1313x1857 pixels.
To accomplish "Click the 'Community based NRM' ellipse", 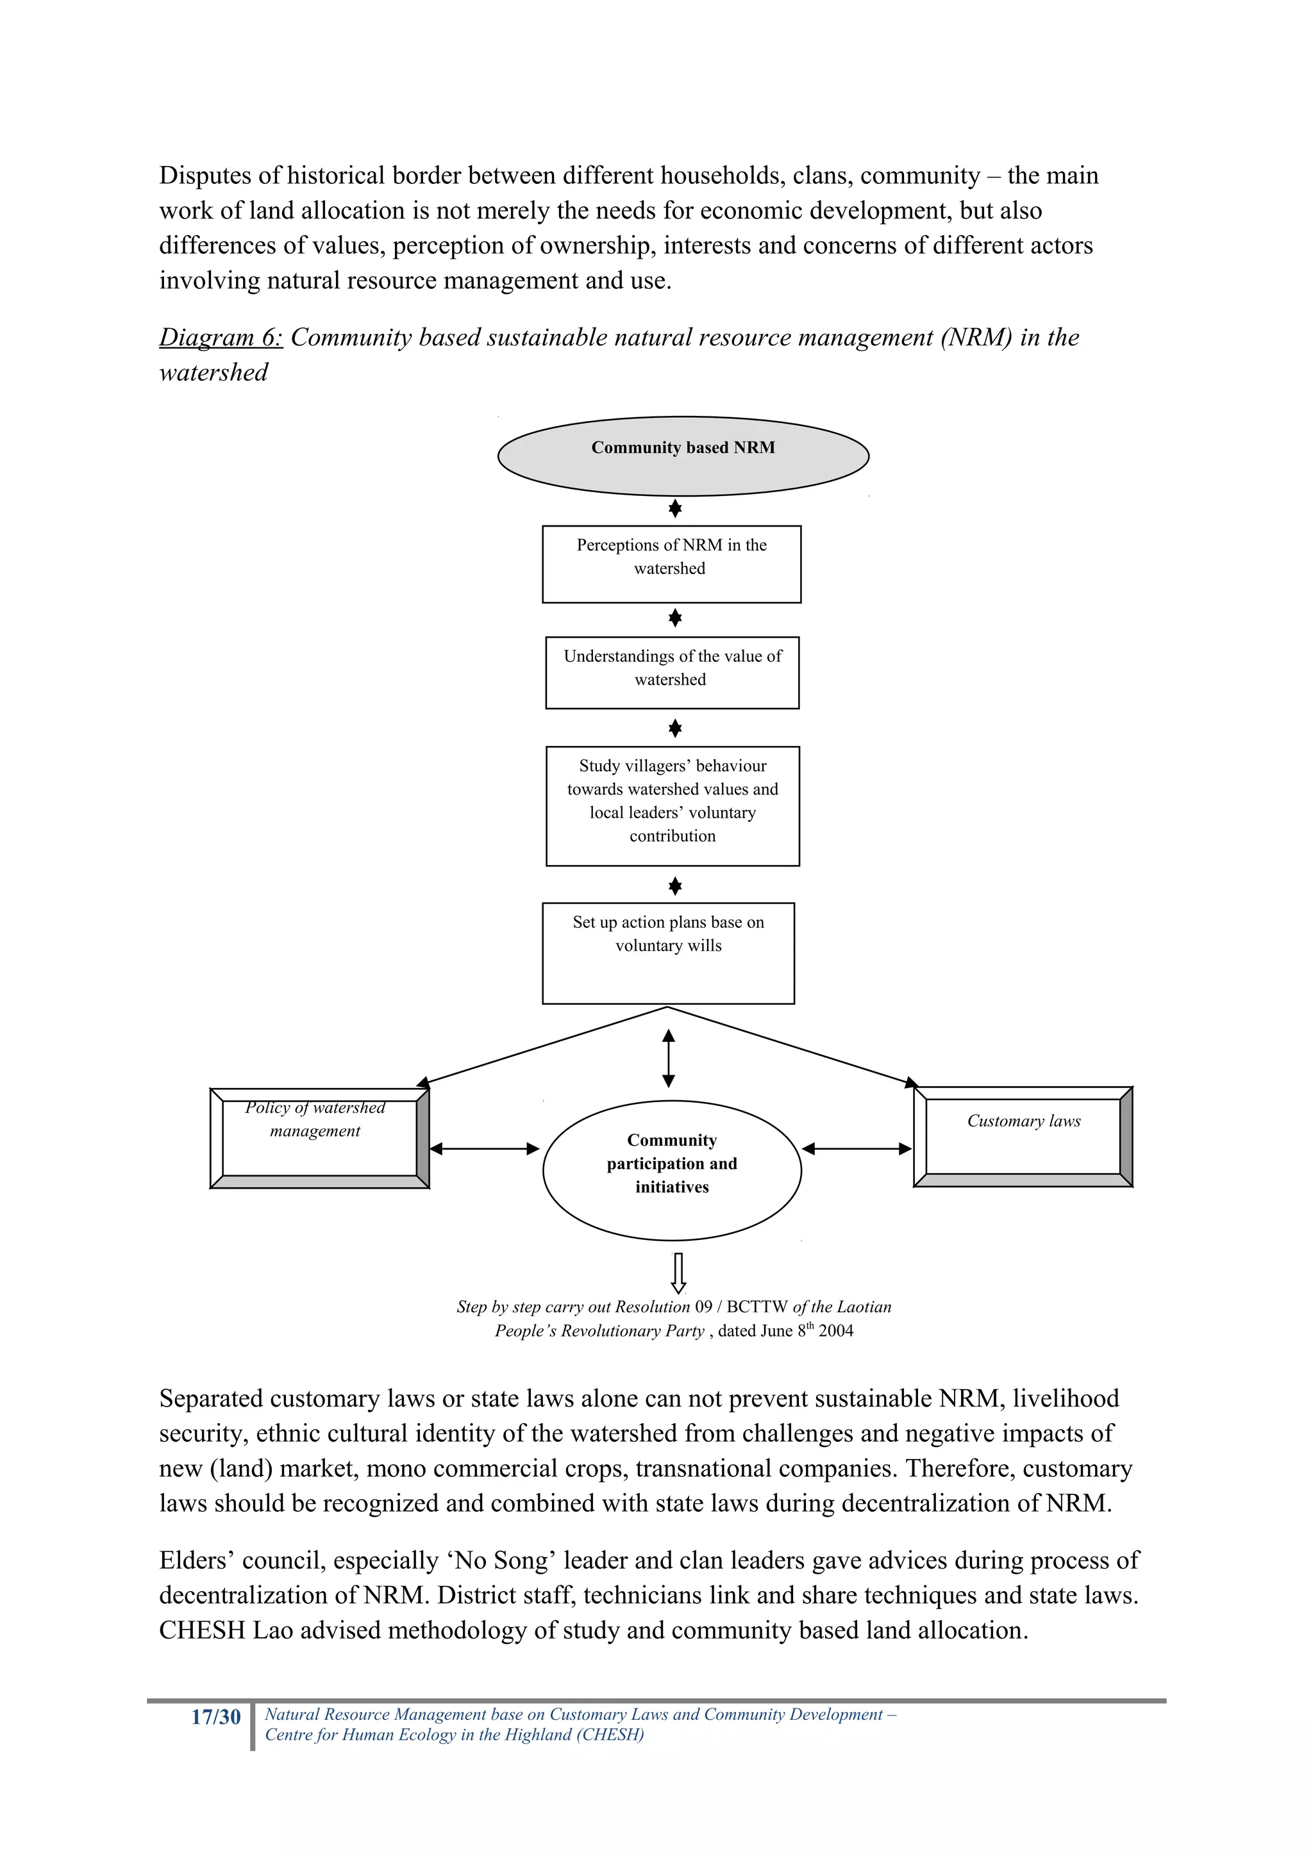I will [x=683, y=456].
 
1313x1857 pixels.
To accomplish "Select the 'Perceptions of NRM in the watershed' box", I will [x=671, y=564].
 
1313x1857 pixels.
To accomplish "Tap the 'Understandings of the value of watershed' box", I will [x=673, y=672].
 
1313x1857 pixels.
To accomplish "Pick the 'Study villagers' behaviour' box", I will [x=673, y=805].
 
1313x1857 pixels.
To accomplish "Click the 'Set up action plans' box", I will [x=668, y=953].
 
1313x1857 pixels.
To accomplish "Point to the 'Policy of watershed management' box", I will [x=319, y=1138].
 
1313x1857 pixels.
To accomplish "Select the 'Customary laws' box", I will [x=1023, y=1135].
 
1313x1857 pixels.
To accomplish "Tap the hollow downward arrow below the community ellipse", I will [x=679, y=1272].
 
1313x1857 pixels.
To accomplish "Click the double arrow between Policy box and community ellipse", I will [x=484, y=1148].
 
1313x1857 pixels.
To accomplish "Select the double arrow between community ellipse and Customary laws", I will [x=857, y=1148].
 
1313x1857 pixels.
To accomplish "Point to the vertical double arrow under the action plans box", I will [x=668, y=1058].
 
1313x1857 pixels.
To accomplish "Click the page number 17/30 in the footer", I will [x=215, y=1718].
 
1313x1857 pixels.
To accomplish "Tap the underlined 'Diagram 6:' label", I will [x=220, y=337].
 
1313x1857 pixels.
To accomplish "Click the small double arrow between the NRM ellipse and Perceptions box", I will [x=674, y=509].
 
